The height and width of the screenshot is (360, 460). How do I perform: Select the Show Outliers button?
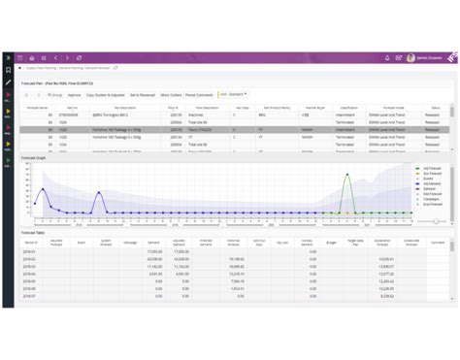click(172, 96)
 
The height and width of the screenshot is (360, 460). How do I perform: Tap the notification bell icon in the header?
click(388, 58)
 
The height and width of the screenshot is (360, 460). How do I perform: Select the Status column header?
click(434, 108)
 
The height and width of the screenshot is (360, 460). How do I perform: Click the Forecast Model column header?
click(392, 108)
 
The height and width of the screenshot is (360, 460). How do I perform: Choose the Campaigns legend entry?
click(430, 199)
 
